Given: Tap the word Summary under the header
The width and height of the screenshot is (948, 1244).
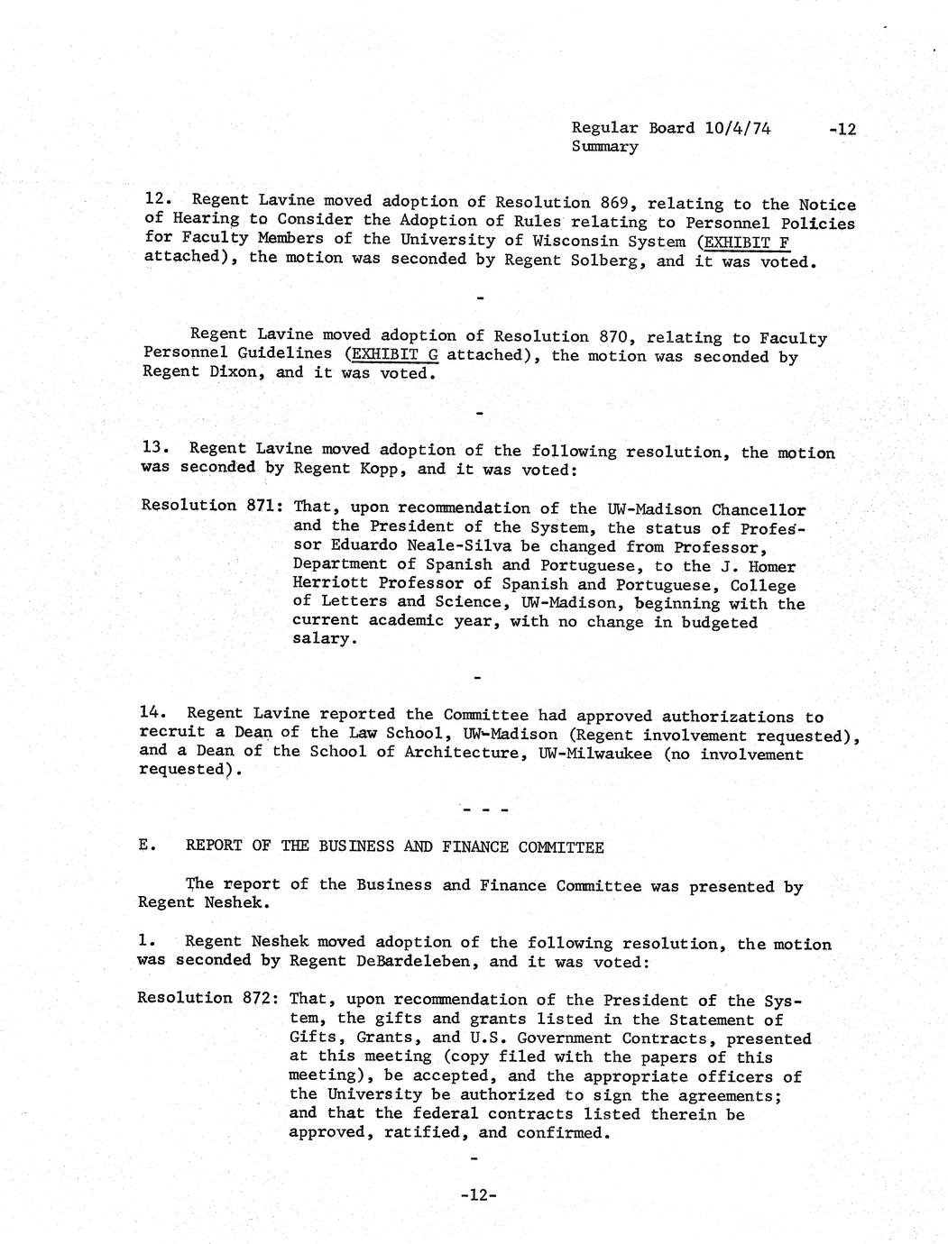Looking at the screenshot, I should [604, 146].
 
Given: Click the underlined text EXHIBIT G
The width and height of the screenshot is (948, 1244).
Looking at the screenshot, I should [391, 354].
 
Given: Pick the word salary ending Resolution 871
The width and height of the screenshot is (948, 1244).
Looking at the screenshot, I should [322, 638].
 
